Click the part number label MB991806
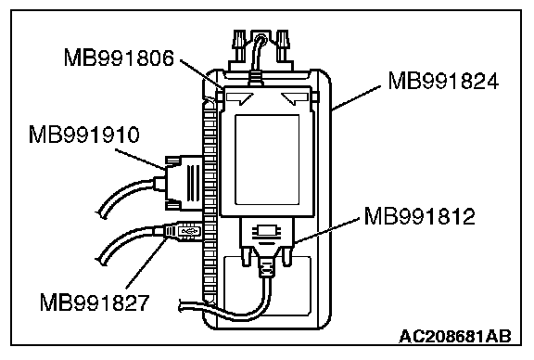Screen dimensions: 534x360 point(119,58)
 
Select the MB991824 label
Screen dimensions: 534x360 point(443,81)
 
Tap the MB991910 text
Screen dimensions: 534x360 point(84,135)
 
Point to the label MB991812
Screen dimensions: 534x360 point(420,216)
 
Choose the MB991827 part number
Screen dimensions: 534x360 point(95,302)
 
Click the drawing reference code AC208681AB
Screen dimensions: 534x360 point(455,336)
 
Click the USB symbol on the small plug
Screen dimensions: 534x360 point(189,231)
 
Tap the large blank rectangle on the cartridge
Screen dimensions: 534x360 point(267,160)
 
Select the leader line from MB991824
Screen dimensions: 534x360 point(356,97)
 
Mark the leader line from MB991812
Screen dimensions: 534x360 point(326,231)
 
